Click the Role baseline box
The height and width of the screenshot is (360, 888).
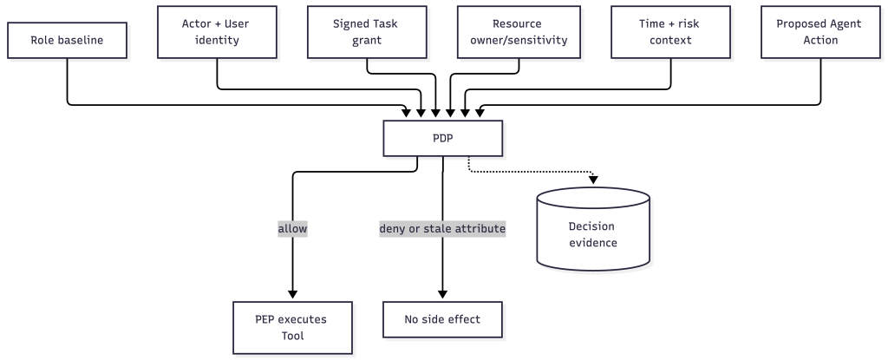[x=67, y=40]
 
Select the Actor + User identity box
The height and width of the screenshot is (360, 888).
[x=217, y=32]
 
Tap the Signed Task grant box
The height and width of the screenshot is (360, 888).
[x=367, y=32]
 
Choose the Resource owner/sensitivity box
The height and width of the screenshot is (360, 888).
[x=519, y=32]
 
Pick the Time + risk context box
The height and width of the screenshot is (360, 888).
[x=670, y=32]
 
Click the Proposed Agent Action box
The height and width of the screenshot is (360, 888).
[x=820, y=32]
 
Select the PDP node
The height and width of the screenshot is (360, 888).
[x=443, y=138]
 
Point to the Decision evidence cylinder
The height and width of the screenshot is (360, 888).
[x=593, y=229]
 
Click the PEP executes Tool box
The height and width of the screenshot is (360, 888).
[x=293, y=328]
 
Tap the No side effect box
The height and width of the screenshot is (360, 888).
[x=443, y=320]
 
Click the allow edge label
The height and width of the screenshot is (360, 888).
[x=293, y=229]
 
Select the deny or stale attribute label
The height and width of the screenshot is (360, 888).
[x=442, y=229]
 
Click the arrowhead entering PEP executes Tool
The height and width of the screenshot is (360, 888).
[x=293, y=294]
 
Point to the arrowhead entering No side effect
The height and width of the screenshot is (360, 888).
[x=443, y=294]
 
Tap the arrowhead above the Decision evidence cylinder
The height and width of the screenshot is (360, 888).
[x=593, y=180]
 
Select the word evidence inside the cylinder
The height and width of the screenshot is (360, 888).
[x=593, y=243]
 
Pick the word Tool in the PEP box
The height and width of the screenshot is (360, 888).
[x=293, y=336]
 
